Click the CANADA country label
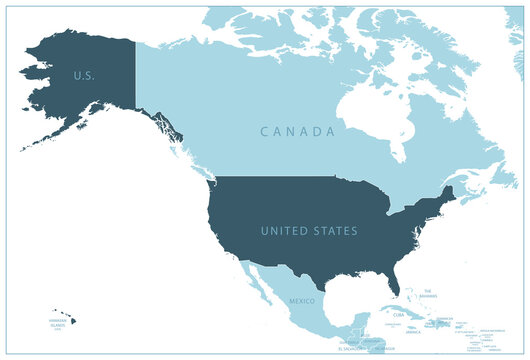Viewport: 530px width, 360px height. (296, 132)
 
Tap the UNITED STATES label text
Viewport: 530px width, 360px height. (309, 231)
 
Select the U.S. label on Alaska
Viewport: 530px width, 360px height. (83, 75)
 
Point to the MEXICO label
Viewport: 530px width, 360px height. (302, 300)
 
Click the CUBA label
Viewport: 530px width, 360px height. (399, 315)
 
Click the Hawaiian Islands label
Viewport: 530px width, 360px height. (62, 322)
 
